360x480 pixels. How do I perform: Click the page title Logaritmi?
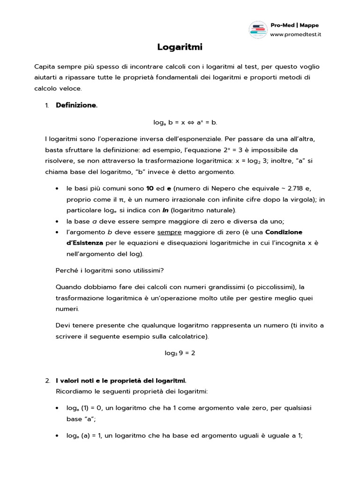pos(180,47)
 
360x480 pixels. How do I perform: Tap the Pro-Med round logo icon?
pos(257,30)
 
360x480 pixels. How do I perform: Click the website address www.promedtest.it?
pos(295,34)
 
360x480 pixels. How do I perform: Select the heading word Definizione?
pos(76,105)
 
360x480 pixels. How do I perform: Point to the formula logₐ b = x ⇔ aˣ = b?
pos(185,122)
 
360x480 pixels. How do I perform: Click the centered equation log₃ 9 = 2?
pos(180,353)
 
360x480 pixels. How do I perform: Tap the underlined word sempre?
pos(169,232)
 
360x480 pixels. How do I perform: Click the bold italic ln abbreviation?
pos(165,210)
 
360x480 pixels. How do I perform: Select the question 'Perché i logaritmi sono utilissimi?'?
pos(110,270)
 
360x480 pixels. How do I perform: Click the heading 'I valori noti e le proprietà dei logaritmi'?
pos(121,380)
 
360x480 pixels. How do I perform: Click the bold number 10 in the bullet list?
pos(150,188)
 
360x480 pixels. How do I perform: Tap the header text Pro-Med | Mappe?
pos(294,25)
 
